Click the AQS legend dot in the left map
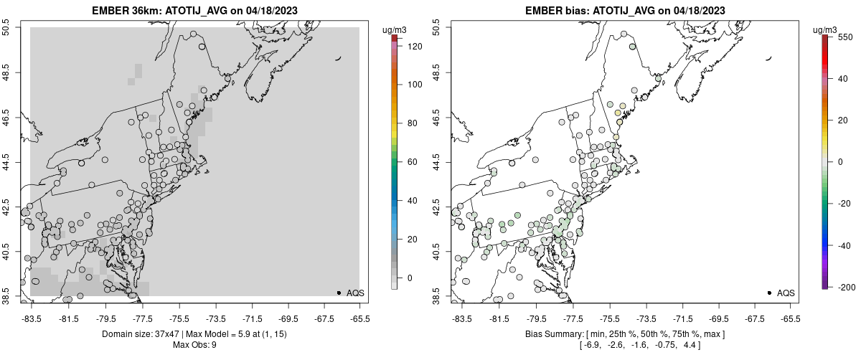[x=339, y=293]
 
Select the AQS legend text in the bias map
[x=786, y=293]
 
